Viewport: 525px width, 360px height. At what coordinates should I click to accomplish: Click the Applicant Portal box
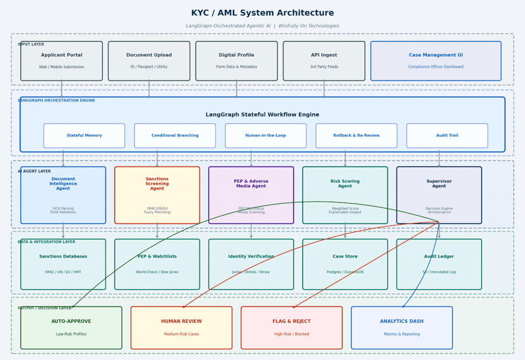[61, 61]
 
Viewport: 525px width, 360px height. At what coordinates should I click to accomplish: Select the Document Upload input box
[149, 61]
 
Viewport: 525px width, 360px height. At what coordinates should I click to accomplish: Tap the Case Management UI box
[436, 61]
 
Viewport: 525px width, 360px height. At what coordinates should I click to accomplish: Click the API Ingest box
[324, 61]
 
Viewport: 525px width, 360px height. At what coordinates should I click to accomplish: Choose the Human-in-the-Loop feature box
[265, 136]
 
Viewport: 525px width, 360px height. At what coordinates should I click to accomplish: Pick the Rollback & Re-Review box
[357, 136]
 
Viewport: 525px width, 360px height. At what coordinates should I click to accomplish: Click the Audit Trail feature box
[447, 136]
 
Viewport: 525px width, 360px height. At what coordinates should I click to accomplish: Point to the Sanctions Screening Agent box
[157, 195]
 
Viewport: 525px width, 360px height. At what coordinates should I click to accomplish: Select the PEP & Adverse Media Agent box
[251, 195]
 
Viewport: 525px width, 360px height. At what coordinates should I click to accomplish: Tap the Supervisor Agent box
[439, 195]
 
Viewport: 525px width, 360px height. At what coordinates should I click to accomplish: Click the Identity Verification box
[251, 264]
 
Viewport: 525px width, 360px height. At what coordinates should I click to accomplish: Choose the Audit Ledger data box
[439, 264]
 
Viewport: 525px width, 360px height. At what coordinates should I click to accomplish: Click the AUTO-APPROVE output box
[71, 327]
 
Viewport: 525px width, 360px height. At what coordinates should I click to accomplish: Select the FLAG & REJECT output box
[291, 327]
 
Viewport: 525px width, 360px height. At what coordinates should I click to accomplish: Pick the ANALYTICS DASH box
[401, 327]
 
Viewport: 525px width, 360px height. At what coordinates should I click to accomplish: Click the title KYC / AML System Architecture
[262, 13]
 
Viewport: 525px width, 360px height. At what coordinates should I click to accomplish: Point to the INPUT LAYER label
[31, 44]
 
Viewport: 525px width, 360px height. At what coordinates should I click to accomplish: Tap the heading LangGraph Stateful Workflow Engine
[262, 115]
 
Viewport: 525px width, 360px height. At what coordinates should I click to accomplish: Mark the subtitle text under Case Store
[345, 272]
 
